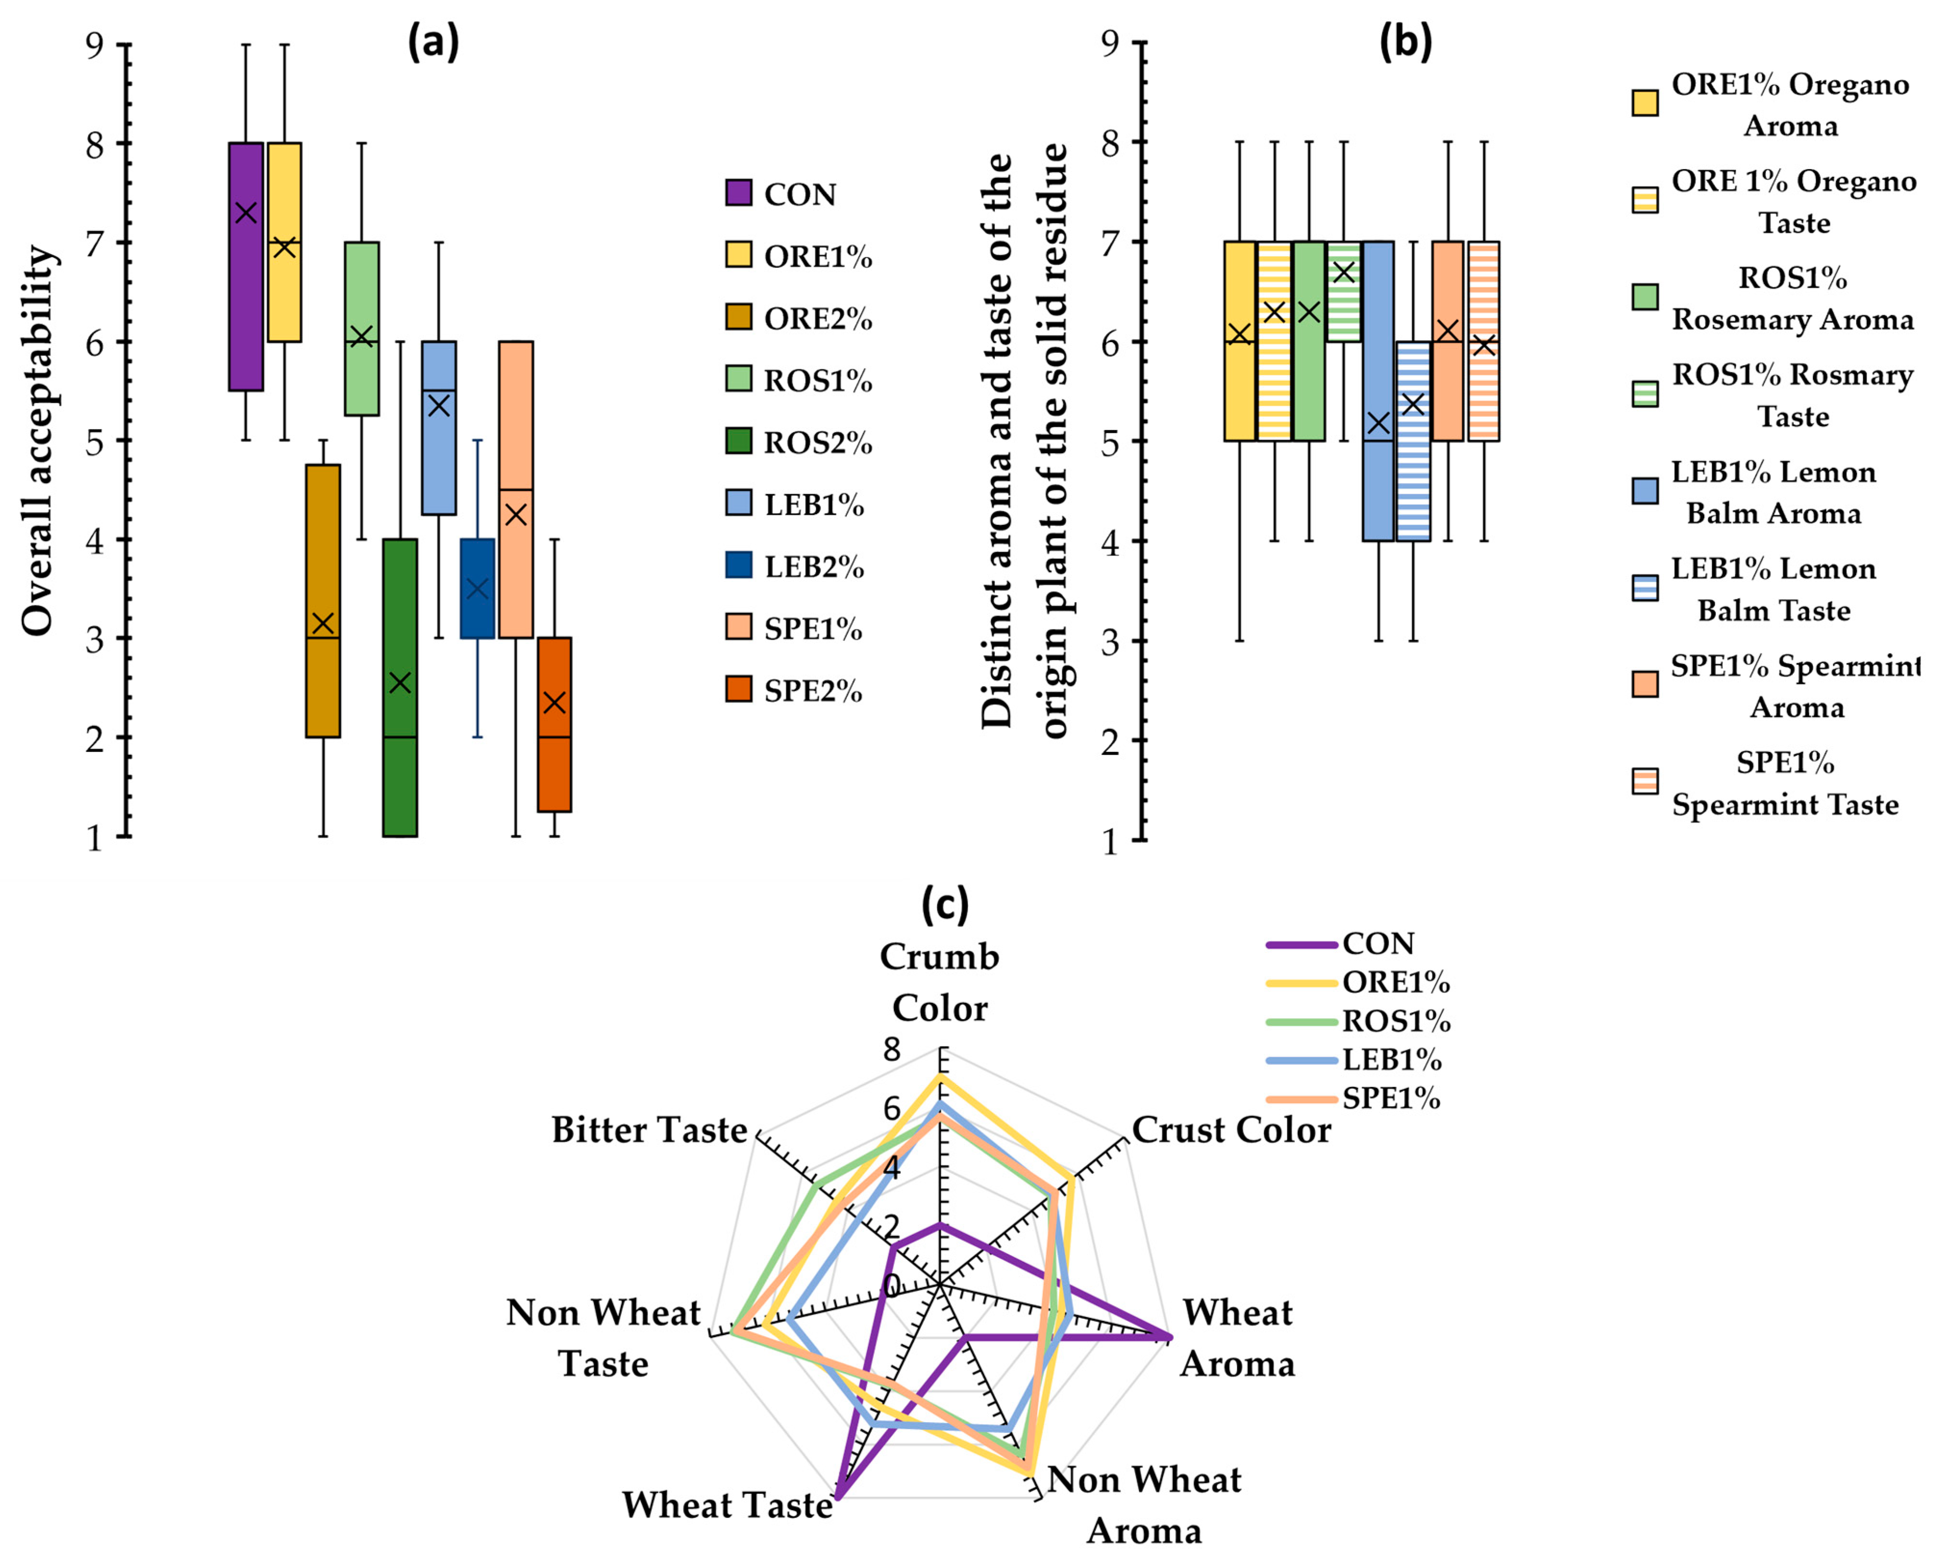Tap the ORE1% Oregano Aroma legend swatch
pyautogui.click(x=1645, y=103)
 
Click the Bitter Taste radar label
pyautogui.click(x=649, y=1130)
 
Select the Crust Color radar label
pyautogui.click(x=1231, y=1130)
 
